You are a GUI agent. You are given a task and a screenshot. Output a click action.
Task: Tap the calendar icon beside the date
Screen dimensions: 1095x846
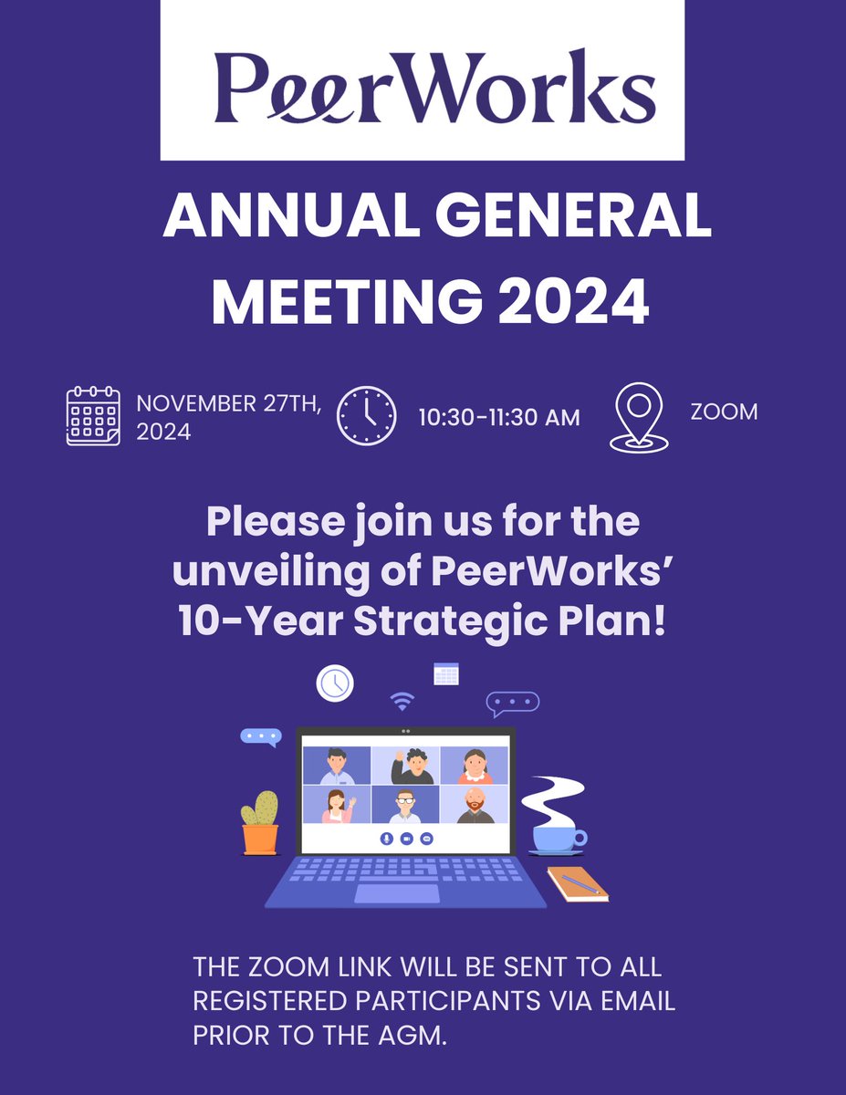click(x=93, y=416)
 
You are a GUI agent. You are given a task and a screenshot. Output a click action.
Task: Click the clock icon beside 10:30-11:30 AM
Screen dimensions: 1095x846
click(x=367, y=415)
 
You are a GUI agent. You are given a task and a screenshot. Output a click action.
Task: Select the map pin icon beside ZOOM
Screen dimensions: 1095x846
click(x=638, y=416)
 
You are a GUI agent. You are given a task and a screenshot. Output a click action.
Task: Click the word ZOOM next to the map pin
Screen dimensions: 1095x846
click(x=724, y=412)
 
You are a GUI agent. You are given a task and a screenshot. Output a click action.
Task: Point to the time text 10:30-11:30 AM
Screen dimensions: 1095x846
click(x=499, y=418)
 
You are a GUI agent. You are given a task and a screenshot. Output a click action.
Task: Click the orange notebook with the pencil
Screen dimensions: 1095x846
click(x=578, y=883)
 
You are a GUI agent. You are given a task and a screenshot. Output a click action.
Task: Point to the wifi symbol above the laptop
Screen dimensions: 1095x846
click(x=402, y=701)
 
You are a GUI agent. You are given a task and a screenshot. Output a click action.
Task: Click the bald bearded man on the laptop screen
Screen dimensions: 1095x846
click(x=475, y=804)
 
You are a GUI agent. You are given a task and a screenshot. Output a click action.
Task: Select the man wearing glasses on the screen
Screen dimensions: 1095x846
click(x=405, y=806)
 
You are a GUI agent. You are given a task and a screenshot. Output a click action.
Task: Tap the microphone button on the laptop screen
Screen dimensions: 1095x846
click(x=386, y=838)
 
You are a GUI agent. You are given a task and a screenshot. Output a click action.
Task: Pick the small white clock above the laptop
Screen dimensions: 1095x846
click(x=336, y=682)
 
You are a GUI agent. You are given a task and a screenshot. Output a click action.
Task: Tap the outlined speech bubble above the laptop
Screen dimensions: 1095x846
click(x=512, y=702)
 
